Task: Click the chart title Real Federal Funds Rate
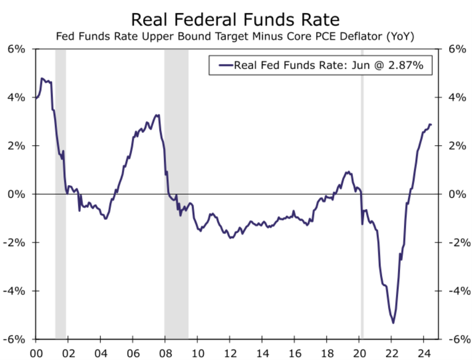point(235,20)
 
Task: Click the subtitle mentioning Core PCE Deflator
point(235,37)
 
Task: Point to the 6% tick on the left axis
point(16,49)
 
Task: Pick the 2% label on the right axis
point(457,146)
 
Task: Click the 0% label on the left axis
point(16,194)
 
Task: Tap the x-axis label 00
point(36,351)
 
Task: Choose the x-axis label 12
point(230,351)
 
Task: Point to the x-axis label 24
point(424,351)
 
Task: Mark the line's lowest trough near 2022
point(393,323)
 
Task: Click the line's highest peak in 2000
point(42,79)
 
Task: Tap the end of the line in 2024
point(430,124)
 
